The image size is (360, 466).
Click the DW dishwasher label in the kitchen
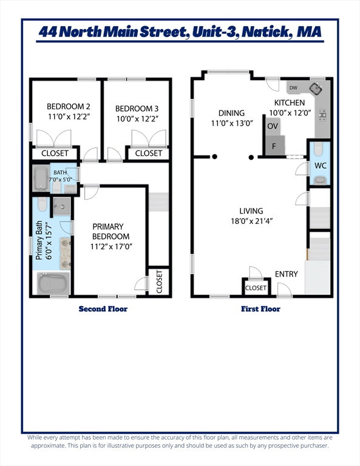tap(293, 87)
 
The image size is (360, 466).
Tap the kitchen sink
tap(316, 89)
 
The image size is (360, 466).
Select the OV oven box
tap(273, 126)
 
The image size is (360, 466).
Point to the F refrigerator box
tap(274, 146)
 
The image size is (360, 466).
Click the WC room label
tap(320, 166)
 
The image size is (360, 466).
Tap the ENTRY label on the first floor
tap(287, 274)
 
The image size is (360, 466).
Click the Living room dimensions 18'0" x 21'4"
tap(251, 221)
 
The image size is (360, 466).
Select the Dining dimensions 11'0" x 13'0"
tap(232, 123)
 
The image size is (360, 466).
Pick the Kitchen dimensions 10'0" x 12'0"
tap(290, 113)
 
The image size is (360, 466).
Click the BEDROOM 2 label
tap(69, 106)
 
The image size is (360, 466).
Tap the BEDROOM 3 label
tap(137, 109)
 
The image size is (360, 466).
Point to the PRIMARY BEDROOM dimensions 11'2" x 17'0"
tap(111, 246)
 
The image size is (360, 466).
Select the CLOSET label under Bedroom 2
tap(55, 154)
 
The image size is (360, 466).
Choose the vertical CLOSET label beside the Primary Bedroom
tap(159, 282)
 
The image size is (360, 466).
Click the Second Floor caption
tap(103, 309)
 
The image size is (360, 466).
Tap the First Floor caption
tap(260, 309)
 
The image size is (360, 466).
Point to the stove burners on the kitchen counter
tap(322, 115)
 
